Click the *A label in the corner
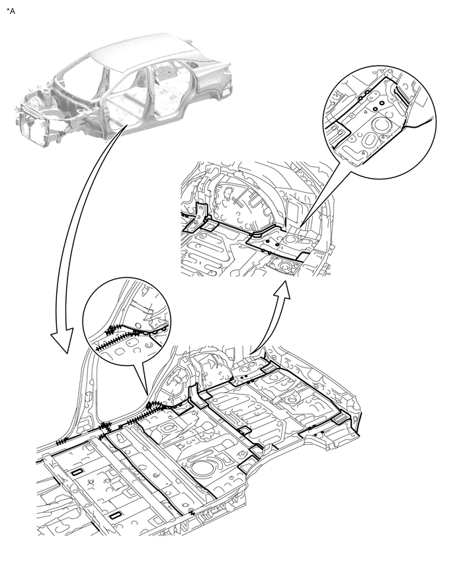[11, 11]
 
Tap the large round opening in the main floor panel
[200, 467]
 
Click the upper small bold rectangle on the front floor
[77, 473]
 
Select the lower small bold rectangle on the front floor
[115, 516]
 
